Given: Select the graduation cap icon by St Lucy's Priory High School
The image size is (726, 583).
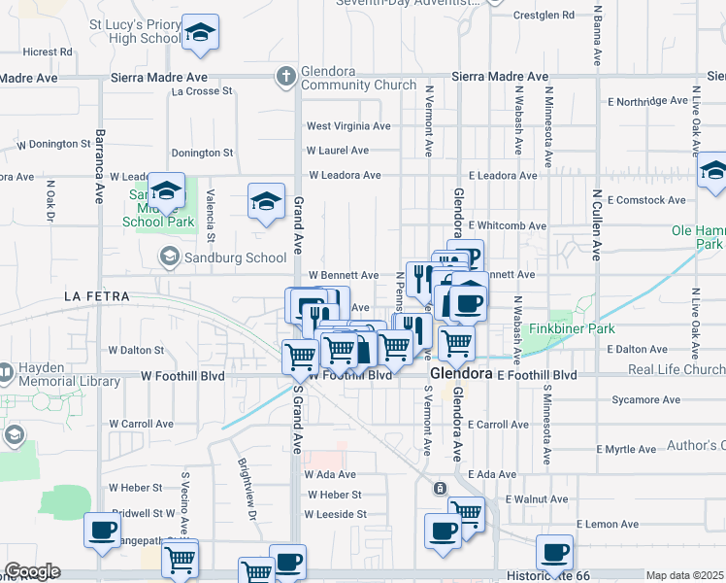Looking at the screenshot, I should pos(201,35).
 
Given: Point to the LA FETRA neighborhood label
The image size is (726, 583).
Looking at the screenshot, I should pos(95,294).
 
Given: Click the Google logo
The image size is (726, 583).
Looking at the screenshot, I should pos(32,571).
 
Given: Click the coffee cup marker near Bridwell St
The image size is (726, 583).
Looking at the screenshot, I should pos(103,532).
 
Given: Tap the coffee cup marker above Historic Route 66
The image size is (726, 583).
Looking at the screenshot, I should pos(554,552).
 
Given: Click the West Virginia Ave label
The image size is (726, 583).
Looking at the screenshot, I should pos(348,126).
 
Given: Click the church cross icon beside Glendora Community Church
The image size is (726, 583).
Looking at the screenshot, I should pos(285,75).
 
